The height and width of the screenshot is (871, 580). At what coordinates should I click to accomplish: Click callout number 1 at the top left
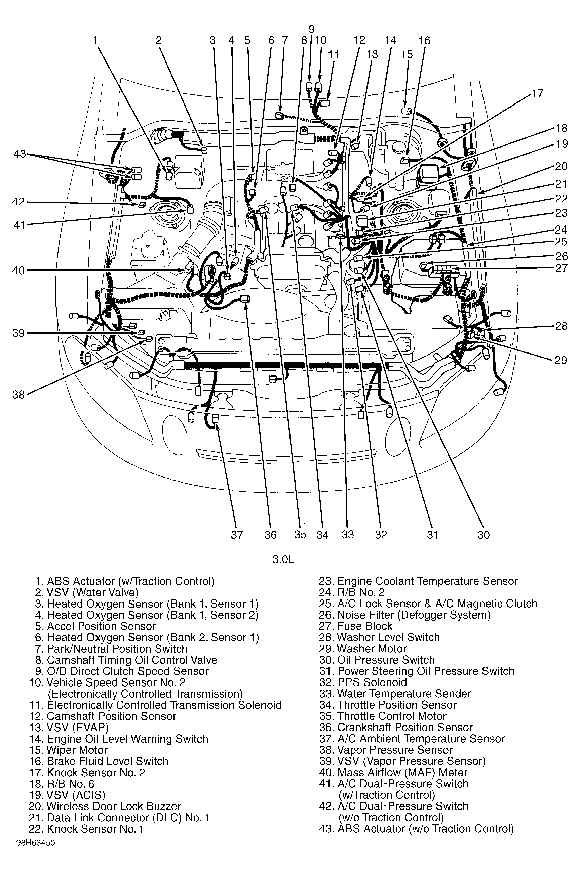point(95,40)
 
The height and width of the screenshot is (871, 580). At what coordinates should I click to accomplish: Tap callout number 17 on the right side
point(537,93)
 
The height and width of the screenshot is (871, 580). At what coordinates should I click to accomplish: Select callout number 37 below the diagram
point(237,535)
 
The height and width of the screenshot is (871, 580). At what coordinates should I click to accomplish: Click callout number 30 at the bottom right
point(484,535)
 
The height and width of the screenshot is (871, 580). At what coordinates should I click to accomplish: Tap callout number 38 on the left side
point(18,395)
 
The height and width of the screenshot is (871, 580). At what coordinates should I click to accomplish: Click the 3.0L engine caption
point(283,559)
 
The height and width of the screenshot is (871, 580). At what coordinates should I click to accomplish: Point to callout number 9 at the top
point(311,29)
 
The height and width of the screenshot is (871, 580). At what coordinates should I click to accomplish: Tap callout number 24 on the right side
point(561,230)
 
